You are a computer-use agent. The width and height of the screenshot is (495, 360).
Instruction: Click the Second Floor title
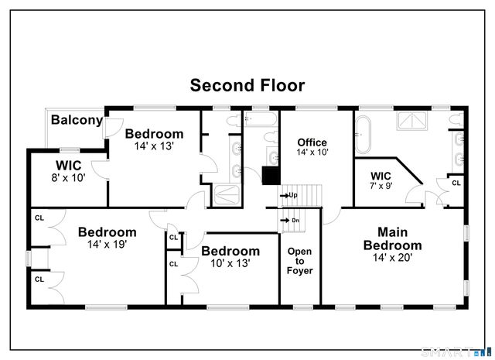[x=247, y=85]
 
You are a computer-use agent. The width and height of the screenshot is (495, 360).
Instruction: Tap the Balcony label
[x=77, y=120]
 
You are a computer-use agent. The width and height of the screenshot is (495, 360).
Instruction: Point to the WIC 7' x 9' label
[x=381, y=180]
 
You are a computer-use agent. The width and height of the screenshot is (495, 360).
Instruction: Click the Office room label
[x=312, y=148]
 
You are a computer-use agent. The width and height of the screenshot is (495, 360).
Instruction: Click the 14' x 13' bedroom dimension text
[x=154, y=146]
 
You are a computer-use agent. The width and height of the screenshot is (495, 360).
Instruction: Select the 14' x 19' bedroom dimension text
[x=107, y=244]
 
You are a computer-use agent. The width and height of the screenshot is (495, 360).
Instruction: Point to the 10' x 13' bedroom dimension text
[x=230, y=263]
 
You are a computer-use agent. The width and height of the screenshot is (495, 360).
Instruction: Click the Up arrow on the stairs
[x=288, y=195]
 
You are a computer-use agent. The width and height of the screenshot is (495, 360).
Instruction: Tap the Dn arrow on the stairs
[x=289, y=220]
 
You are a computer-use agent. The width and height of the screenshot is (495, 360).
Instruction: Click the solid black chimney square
[x=271, y=176]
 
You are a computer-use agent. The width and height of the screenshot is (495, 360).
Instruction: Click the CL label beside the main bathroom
[x=456, y=183]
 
